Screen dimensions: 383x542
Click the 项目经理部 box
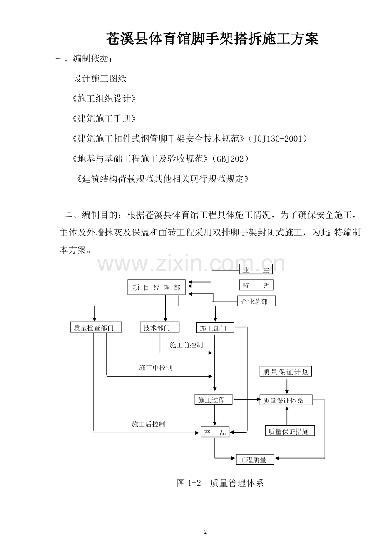(156, 287)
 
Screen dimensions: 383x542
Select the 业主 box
(256, 269)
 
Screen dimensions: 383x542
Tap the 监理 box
(256, 285)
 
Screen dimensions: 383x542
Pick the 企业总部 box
(256, 301)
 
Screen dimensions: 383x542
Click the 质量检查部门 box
(96, 327)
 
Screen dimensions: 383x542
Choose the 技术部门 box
(159, 327)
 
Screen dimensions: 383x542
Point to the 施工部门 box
(215, 327)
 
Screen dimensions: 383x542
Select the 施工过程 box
(214, 399)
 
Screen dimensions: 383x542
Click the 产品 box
(215, 432)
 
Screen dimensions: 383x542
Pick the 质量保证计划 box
(286, 371)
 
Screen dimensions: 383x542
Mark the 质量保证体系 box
(286, 400)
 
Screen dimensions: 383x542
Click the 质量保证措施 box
(290, 431)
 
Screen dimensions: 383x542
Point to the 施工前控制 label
(186, 345)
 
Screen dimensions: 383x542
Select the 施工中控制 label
(155, 368)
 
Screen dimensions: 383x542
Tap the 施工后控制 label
(148, 424)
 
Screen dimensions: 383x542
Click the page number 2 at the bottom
(206, 532)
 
